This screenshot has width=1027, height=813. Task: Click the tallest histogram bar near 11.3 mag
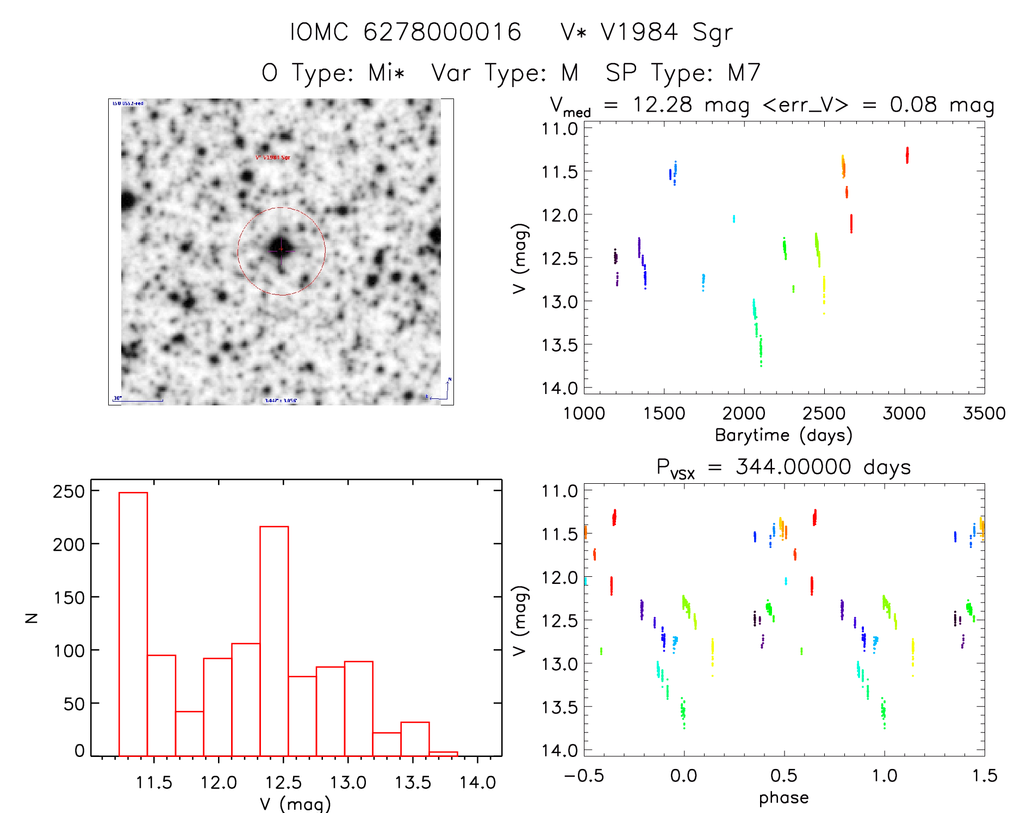[133, 624]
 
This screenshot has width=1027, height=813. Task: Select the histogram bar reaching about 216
[274, 641]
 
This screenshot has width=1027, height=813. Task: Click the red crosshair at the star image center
[281, 250]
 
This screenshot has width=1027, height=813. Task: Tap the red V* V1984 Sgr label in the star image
[273, 158]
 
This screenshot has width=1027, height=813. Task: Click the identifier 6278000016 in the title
[442, 32]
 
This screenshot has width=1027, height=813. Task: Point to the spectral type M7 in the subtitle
[744, 73]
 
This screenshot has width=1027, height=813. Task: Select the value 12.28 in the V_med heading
[662, 104]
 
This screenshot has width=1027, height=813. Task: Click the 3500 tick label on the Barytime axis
[984, 414]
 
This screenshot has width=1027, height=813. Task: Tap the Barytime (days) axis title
[783, 435]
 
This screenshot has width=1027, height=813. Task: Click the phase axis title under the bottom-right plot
[783, 798]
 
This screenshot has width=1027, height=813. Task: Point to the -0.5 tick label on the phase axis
[584, 776]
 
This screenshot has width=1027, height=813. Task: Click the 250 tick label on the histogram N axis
[69, 491]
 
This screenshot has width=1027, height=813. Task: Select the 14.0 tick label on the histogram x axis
[477, 783]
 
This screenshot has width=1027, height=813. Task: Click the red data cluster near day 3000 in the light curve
[907, 155]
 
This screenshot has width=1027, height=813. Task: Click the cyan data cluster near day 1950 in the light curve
[733, 219]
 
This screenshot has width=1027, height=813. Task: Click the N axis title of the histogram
[32, 618]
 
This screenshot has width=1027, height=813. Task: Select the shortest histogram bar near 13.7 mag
[443, 754]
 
